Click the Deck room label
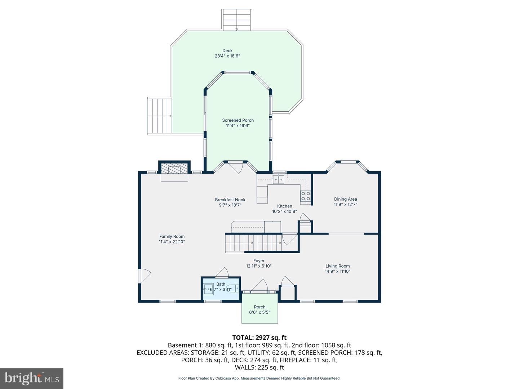point(227,51)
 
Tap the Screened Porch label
point(238,120)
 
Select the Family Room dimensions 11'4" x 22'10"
point(172,242)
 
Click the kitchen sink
point(278,179)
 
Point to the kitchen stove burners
point(306,196)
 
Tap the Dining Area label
point(345,199)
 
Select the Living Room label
point(337,266)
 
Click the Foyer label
point(258,261)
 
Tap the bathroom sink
point(208,289)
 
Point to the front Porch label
point(259,307)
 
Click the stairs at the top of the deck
point(237,20)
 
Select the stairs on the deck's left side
point(159,116)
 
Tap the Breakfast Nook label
point(230,200)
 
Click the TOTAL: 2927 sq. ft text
point(259,337)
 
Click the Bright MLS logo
point(32,378)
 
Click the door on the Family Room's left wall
point(144,277)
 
